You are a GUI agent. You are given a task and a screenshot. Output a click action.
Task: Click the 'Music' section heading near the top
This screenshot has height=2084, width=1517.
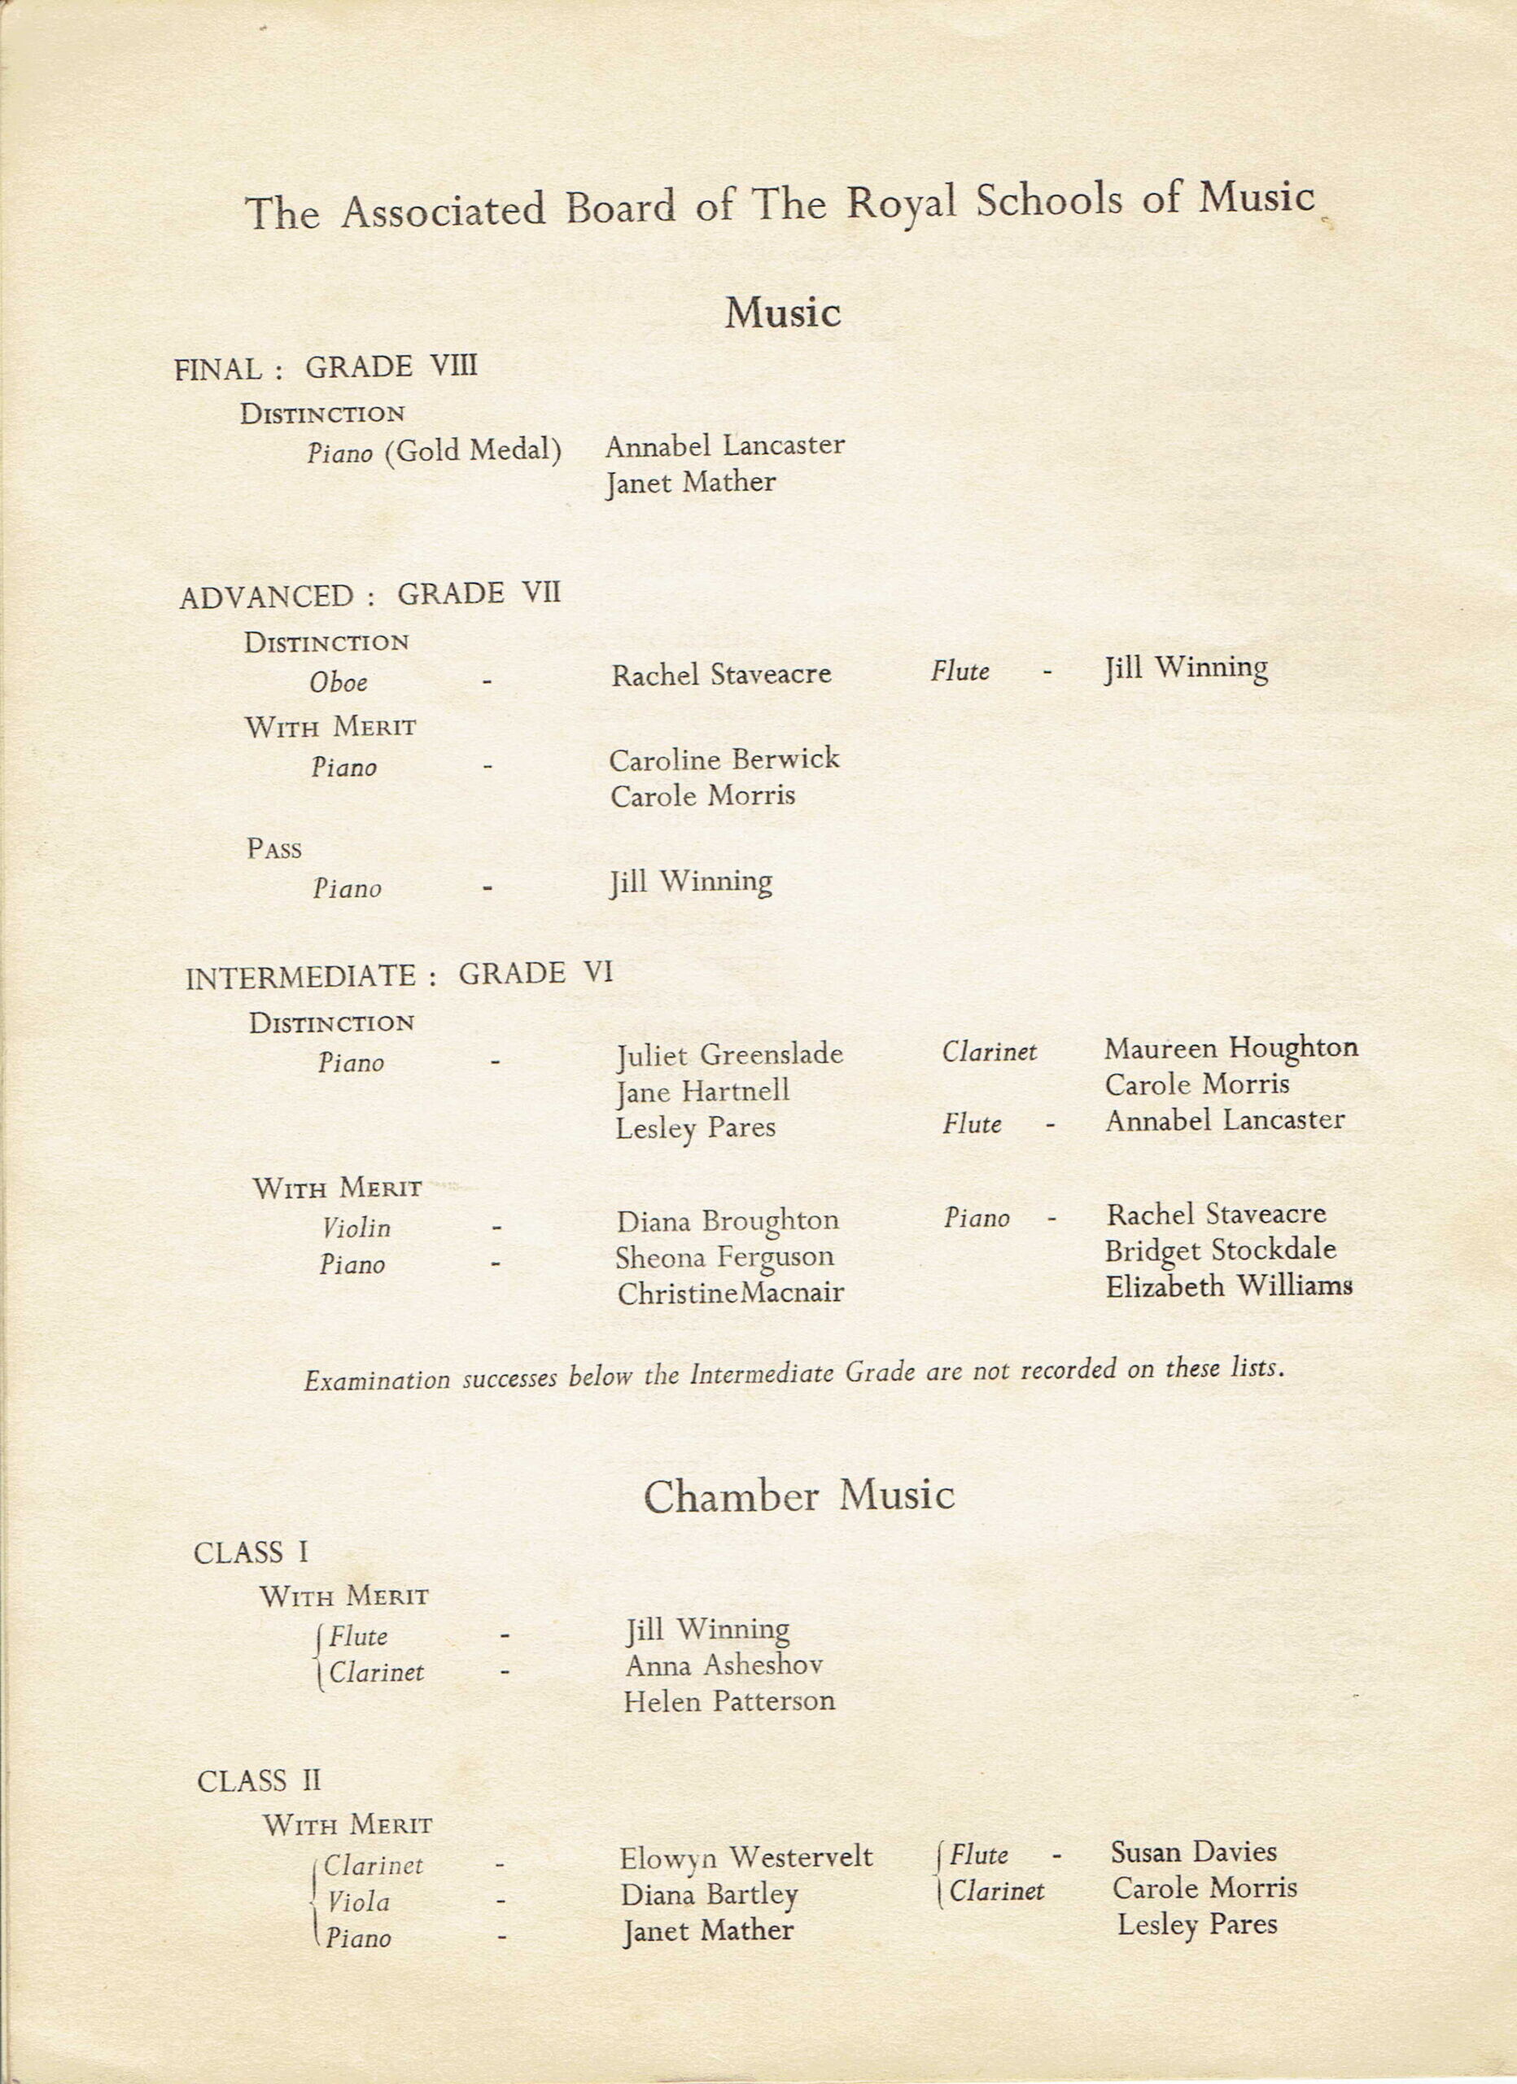pyautogui.click(x=782, y=313)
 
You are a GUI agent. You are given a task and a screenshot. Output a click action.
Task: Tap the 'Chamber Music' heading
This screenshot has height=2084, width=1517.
pyautogui.click(x=798, y=1496)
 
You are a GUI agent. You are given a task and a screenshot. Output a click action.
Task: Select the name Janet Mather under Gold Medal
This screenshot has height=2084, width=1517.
pyautogui.click(x=690, y=483)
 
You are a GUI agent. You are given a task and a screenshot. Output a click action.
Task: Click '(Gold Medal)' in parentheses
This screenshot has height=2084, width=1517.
pyautogui.click(x=473, y=450)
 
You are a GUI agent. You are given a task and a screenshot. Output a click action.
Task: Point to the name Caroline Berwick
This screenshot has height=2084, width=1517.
pyautogui.click(x=724, y=759)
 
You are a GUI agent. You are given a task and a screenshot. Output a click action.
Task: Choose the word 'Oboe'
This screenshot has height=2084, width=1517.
pyautogui.click(x=338, y=682)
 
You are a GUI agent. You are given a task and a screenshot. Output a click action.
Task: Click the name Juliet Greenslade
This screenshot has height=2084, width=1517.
pyautogui.click(x=729, y=1054)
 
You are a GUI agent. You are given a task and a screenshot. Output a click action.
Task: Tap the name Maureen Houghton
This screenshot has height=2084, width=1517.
pyautogui.click(x=1231, y=1048)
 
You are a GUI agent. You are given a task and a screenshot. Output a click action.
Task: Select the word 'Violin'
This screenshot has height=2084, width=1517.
pyautogui.click(x=356, y=1228)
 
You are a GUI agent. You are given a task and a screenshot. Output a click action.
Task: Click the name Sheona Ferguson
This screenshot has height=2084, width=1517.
pyautogui.click(x=725, y=1257)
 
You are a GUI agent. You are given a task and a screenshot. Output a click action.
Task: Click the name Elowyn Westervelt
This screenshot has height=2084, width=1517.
pyautogui.click(x=745, y=1858)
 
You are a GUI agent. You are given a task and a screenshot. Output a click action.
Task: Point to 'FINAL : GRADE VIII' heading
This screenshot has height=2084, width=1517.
pyautogui.click(x=326, y=367)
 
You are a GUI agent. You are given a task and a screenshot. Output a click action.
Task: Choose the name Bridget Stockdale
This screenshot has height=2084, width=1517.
pyautogui.click(x=1219, y=1250)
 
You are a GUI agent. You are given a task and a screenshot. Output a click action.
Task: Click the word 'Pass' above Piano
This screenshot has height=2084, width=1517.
pyautogui.click(x=273, y=848)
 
